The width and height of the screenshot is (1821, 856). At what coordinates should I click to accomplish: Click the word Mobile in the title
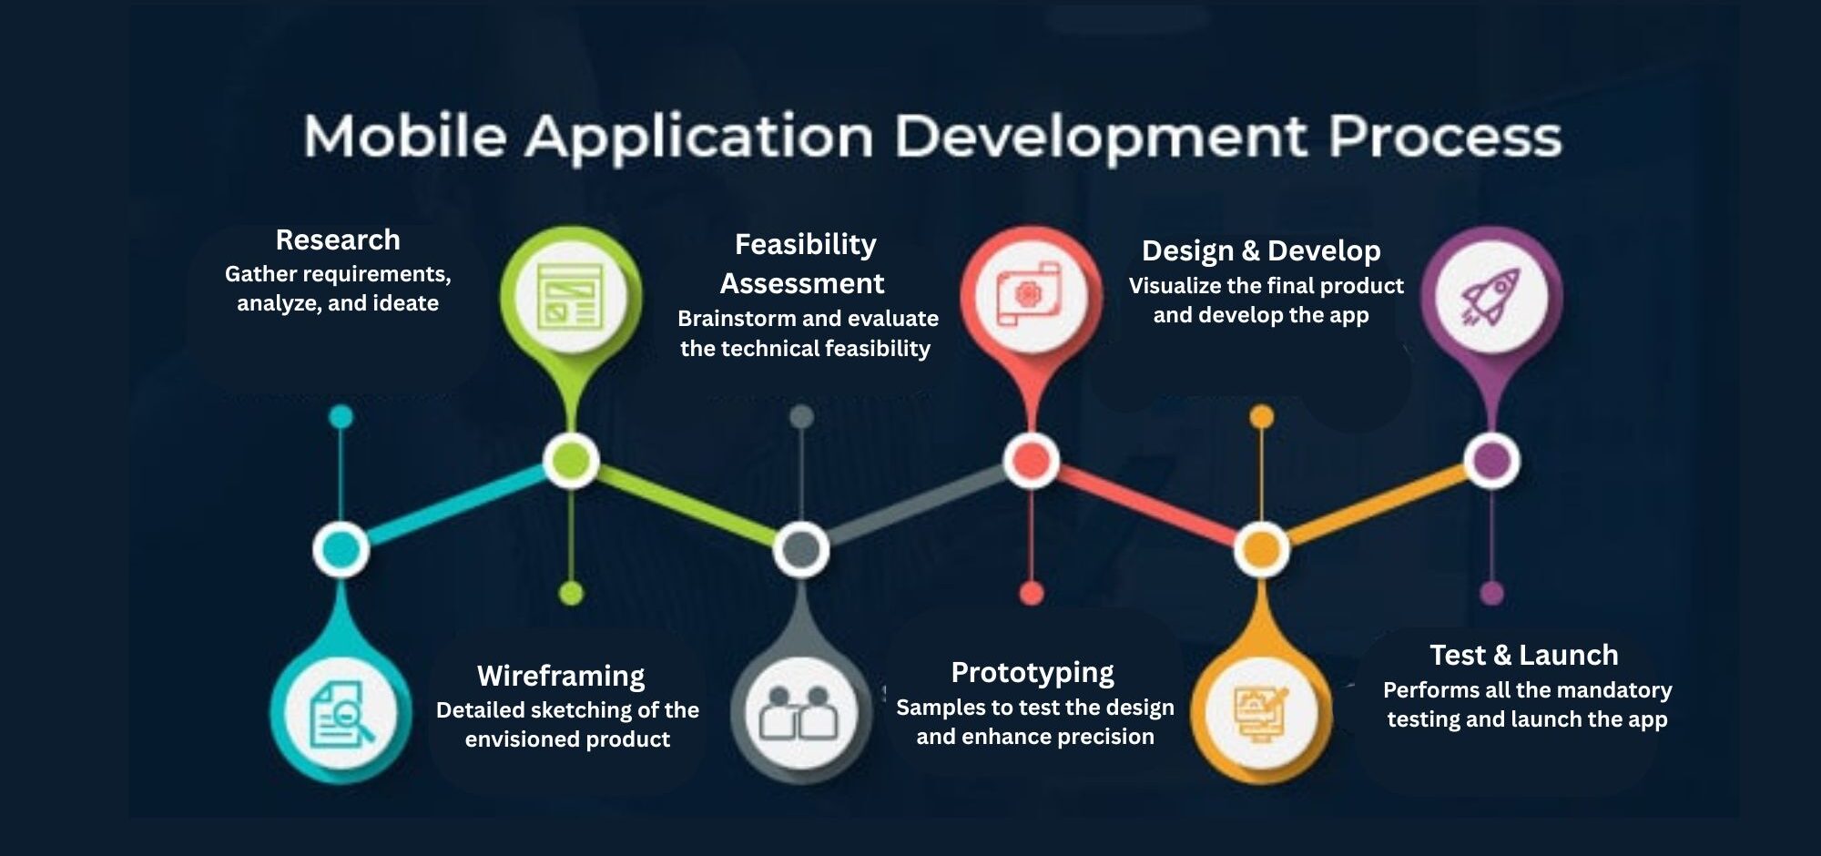405,137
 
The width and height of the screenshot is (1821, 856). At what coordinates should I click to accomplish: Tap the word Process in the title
1445,137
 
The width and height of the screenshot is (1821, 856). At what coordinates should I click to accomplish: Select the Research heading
338,239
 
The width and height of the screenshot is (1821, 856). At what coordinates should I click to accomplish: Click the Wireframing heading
561,676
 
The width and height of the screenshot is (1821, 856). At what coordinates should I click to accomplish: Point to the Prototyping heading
1033,673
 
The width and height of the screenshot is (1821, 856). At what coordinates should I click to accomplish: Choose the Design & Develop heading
1261,250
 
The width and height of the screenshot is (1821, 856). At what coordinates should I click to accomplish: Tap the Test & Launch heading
1524,655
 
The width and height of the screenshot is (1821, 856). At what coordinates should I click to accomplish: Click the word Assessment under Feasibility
802,283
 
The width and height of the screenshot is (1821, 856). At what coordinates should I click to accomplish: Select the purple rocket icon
1491,297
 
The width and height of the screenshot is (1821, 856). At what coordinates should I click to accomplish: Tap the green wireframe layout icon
571,297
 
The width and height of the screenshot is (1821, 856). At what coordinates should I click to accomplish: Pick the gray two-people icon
800,713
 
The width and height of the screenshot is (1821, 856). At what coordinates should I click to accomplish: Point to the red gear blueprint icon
1031,295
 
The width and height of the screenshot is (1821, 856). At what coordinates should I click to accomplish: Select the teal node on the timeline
341,549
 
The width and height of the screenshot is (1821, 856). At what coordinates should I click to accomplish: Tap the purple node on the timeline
1491,460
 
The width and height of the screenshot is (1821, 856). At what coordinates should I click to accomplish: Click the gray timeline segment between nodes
916,505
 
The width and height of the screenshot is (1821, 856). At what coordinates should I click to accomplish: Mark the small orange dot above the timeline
1261,417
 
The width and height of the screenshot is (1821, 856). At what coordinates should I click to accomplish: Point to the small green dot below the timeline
571,594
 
